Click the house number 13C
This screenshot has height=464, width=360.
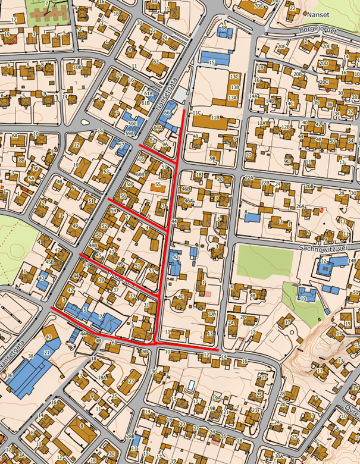click(x=234, y=77)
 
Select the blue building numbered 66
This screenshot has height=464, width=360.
click(x=168, y=112)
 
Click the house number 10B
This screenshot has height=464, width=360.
click(x=77, y=68)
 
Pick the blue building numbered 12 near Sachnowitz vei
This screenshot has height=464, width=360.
click(x=325, y=269)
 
